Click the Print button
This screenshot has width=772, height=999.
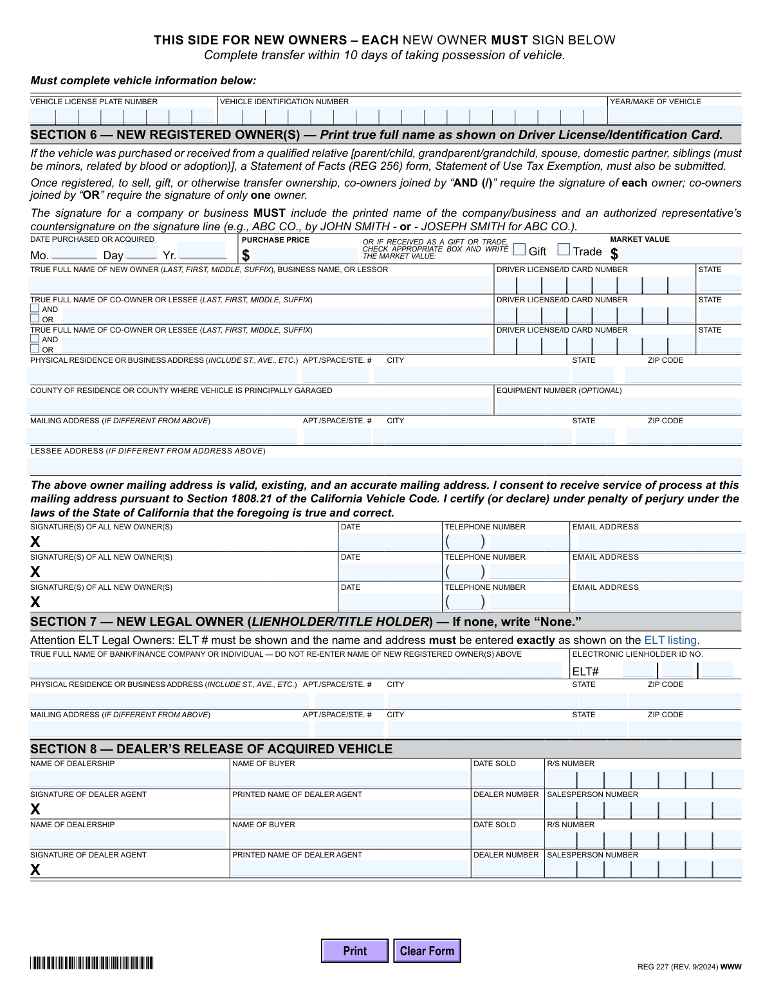(x=354, y=951)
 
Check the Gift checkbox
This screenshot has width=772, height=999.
(x=520, y=250)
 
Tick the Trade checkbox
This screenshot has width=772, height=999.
(x=564, y=250)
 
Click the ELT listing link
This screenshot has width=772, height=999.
(x=671, y=640)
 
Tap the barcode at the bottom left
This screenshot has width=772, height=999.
(x=92, y=963)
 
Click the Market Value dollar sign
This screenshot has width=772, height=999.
(x=614, y=255)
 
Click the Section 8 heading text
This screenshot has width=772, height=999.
(x=211, y=749)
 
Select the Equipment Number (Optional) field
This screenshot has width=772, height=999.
(x=618, y=406)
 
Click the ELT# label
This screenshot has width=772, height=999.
(x=585, y=672)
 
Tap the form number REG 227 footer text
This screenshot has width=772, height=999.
(x=689, y=967)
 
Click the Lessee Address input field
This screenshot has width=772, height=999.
(x=385, y=465)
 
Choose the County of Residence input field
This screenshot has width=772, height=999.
(x=259, y=406)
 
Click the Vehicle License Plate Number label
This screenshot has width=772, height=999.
(x=94, y=102)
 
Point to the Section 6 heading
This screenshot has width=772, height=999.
(x=376, y=135)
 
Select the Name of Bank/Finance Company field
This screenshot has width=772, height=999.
(x=296, y=670)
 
